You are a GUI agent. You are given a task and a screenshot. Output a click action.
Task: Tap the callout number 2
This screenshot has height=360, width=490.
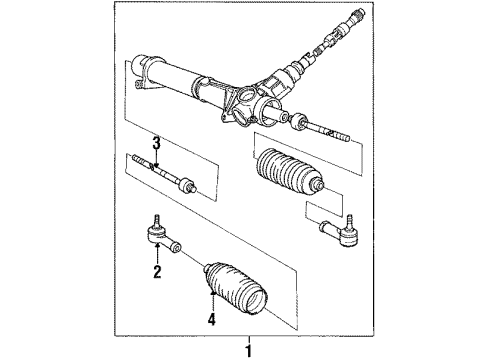coord(157,270)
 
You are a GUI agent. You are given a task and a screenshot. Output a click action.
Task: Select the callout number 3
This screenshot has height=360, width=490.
coord(156,143)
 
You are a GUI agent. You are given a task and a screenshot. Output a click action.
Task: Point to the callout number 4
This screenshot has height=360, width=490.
coord(212,321)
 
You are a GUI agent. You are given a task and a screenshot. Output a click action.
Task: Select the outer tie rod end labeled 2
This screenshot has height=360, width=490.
coord(155,238)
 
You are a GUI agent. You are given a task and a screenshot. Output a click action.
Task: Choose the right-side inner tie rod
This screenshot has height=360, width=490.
coord(324,129)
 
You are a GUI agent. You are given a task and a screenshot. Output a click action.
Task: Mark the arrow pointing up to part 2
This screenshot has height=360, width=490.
coord(157,256)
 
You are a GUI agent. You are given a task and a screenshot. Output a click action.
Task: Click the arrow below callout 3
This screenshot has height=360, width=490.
coord(156,160)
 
